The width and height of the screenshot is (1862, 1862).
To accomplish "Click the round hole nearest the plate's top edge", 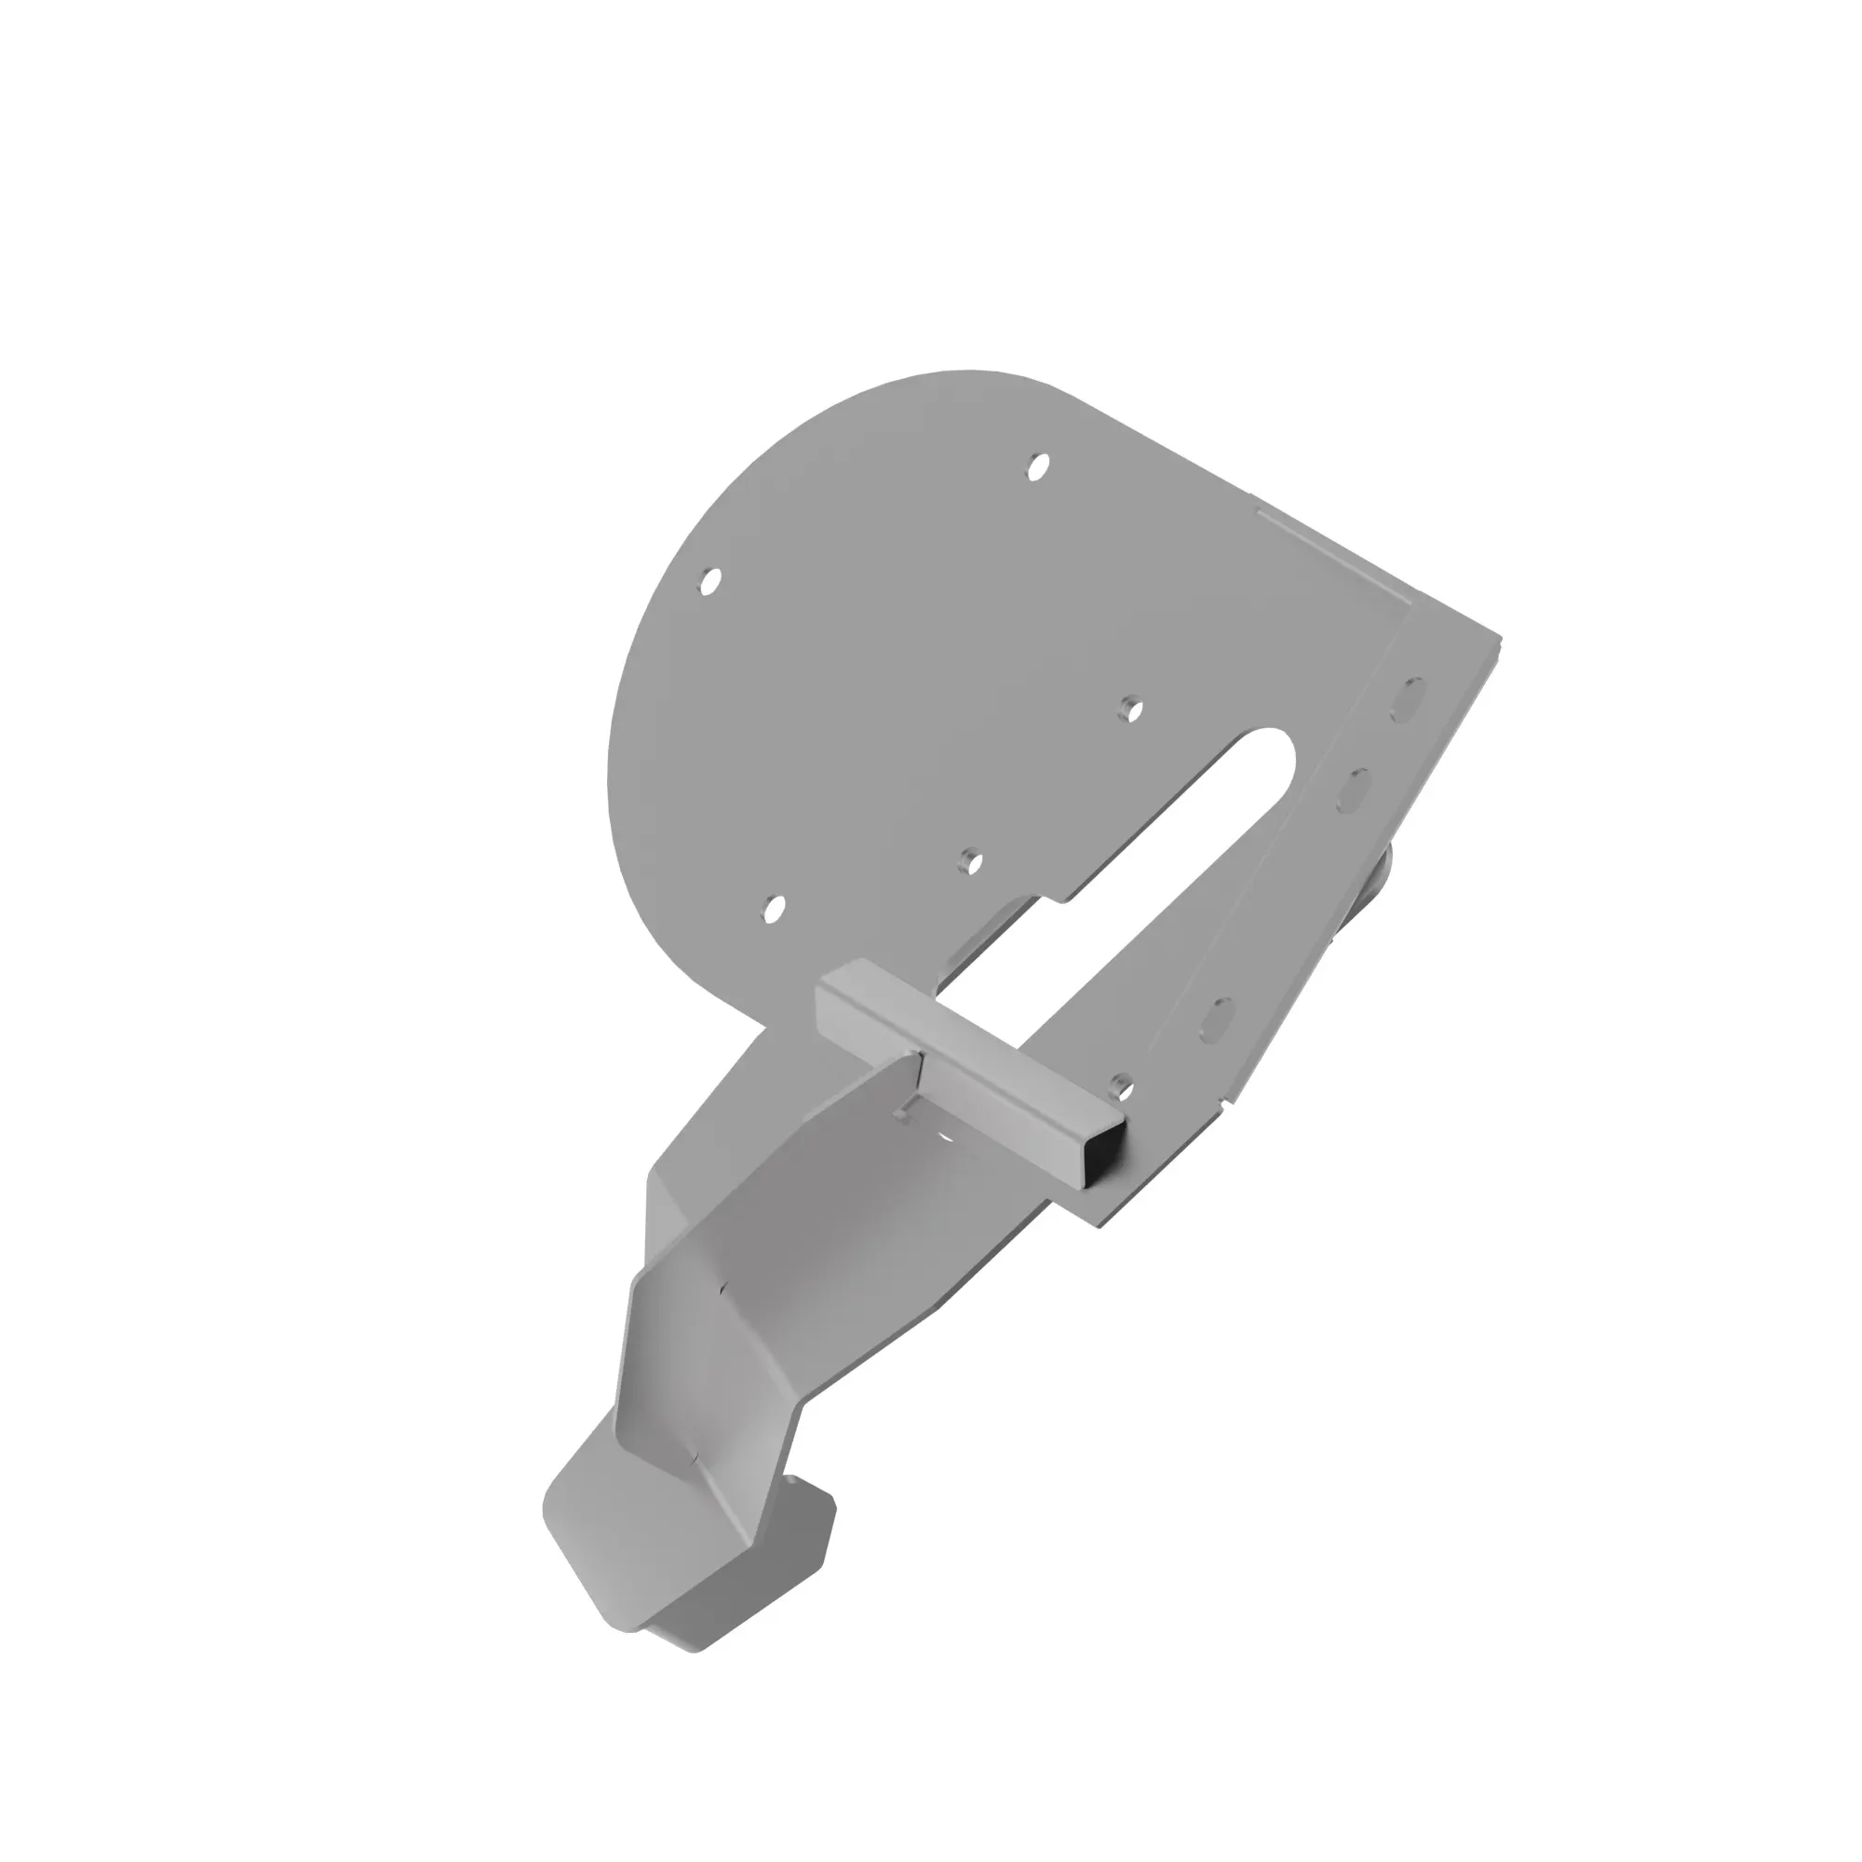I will (1037, 467).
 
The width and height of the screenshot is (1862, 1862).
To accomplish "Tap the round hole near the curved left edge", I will (710, 581).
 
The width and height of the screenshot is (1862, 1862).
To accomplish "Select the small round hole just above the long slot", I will (1129, 710).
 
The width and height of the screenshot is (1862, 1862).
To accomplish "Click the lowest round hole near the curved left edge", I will (772, 908).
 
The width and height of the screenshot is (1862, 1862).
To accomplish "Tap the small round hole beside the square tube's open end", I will (1119, 1086).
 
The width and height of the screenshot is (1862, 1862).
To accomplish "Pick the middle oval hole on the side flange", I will (1355, 790).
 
